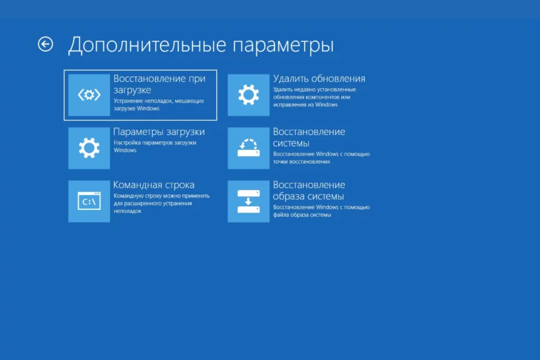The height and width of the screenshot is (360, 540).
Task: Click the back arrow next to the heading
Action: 46,44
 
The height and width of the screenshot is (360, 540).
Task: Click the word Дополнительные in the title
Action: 147,45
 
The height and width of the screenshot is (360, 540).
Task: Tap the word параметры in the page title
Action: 283,46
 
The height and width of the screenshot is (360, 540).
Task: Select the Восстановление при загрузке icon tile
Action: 89,95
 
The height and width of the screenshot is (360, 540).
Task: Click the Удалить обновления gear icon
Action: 248,95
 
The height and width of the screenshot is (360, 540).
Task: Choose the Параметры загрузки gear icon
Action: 89,148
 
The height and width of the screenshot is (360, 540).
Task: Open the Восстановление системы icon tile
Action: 248,148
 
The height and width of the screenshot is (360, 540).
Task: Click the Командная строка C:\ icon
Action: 89,201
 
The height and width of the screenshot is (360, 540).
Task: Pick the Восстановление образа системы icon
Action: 248,201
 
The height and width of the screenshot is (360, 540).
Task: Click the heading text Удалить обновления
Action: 319,79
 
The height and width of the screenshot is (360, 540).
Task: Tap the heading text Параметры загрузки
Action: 159,132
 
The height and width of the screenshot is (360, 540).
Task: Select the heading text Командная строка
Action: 154,185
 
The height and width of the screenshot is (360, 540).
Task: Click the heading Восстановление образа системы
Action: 309,191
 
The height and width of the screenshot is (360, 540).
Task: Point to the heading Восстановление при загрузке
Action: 159,84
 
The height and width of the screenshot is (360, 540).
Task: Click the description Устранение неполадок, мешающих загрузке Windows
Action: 159,105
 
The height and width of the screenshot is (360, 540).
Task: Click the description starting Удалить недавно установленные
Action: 314,97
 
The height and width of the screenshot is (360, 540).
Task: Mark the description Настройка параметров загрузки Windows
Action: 154,146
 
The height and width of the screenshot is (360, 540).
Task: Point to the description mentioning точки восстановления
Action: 321,157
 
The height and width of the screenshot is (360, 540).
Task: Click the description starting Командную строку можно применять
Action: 161,203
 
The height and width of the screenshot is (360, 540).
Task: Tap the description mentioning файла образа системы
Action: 321,211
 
